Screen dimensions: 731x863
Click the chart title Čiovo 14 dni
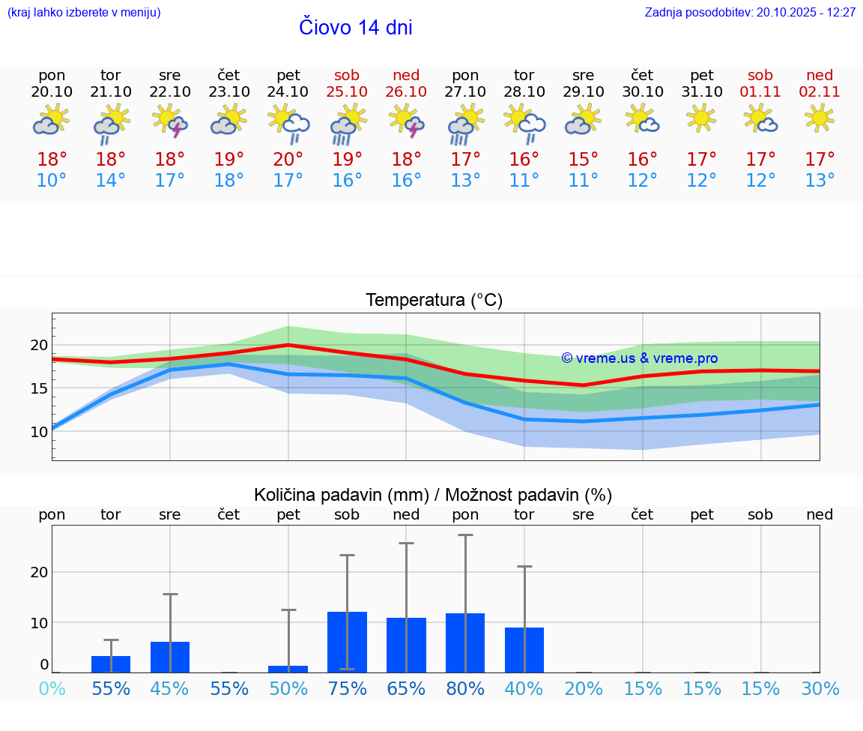[356, 28]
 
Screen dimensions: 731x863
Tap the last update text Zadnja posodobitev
[750, 13]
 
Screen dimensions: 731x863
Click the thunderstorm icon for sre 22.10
[170, 121]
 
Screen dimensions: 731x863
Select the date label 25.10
[347, 91]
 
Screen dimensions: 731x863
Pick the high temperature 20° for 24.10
[288, 160]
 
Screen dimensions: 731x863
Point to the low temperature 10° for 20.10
[52, 181]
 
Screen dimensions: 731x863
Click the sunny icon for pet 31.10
[701, 118]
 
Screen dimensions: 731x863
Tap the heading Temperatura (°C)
[434, 301]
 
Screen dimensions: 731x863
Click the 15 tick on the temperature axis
[39, 388]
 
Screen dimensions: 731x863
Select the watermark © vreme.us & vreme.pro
[639, 358]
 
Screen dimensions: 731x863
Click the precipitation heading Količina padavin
[433, 495]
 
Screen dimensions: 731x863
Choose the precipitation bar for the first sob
[347, 642]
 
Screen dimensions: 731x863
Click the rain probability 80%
[465, 689]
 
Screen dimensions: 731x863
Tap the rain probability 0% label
[52, 689]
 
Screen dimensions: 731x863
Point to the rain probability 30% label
[820, 689]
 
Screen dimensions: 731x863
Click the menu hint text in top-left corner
[84, 13]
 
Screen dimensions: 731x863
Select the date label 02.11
[820, 91]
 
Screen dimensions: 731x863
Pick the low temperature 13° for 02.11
[820, 181]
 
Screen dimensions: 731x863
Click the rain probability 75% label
[347, 689]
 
